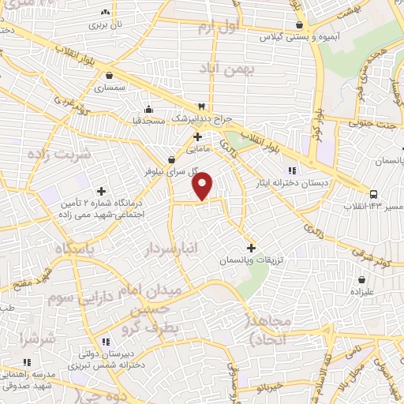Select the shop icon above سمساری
[108, 76]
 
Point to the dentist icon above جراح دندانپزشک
[202, 107]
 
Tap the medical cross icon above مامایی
[197, 136]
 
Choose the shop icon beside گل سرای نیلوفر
[182, 159]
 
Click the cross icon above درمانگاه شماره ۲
[101, 190]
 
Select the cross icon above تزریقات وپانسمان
[251, 247]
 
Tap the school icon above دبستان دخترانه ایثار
[291, 170]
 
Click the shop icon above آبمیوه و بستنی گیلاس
[298, 24]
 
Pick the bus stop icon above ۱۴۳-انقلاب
[372, 193]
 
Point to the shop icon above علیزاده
[361, 279]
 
